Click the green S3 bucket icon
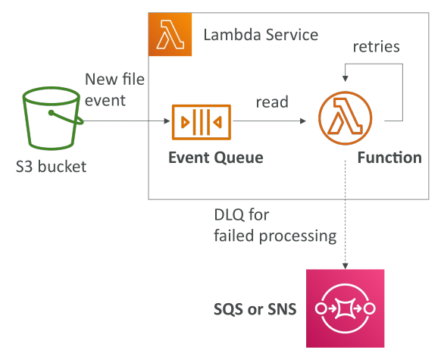coord(52,118)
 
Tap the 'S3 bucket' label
coord(51,167)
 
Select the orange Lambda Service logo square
coord(170,34)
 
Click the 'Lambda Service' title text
coord(261,35)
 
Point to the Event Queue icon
coord(202,122)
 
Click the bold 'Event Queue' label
coord(216,158)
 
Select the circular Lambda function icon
coord(345,118)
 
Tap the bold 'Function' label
coord(389,158)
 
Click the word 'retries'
coord(377,47)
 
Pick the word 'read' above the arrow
coord(272,102)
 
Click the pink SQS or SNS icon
coord(345,308)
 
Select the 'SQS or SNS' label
coord(255,309)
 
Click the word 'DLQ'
coord(229,215)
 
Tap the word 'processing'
coord(298,236)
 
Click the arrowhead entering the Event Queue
coord(167,121)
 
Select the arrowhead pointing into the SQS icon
coord(346,266)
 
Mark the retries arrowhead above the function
coord(346,79)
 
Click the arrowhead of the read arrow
coord(303,121)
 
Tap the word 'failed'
coord(235,235)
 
